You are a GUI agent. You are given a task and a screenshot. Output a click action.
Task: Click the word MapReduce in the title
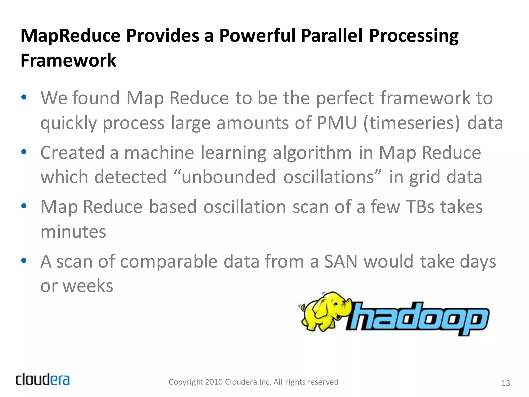click(70, 36)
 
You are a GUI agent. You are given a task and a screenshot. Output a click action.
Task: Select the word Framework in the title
click(68, 60)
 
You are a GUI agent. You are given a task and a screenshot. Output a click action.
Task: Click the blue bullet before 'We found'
click(24, 98)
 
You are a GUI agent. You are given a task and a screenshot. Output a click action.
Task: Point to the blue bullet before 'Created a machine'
click(24, 152)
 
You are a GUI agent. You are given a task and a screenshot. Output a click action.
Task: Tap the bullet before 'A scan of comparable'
click(24, 261)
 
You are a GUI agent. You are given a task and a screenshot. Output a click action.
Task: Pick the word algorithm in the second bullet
click(312, 152)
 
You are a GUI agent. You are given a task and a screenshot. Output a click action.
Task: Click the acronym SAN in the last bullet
click(341, 261)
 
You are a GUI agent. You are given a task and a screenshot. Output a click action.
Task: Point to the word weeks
click(88, 286)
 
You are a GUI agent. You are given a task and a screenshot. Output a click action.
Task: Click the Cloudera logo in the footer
click(43, 379)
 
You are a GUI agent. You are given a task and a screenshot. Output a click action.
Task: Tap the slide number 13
click(505, 383)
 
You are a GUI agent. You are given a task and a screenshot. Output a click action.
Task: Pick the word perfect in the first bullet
click(345, 98)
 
